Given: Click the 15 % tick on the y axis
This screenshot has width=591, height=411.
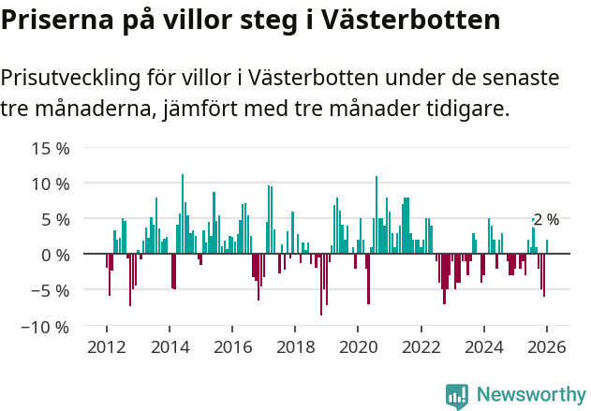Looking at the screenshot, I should [51, 148].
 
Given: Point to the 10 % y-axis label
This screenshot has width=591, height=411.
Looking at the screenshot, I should [51, 183].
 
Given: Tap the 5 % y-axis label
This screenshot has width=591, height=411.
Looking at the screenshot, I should [54, 219].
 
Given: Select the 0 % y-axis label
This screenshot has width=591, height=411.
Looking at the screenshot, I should [54, 255].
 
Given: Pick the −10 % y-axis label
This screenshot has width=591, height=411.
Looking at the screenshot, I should [46, 327].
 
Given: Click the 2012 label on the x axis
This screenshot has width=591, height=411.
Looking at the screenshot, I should [106, 345].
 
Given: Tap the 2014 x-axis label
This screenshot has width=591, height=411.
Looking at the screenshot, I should [170, 345].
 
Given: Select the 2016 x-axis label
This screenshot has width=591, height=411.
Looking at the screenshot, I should [232, 345].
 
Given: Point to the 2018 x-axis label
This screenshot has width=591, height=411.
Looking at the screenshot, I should [295, 345].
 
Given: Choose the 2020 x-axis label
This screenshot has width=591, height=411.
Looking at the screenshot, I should [358, 345].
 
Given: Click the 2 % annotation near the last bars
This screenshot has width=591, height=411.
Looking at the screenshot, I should [546, 220].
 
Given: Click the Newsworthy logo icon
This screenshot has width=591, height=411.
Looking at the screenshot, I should [457, 396].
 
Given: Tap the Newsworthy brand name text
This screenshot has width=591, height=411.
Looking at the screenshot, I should [530, 395].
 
